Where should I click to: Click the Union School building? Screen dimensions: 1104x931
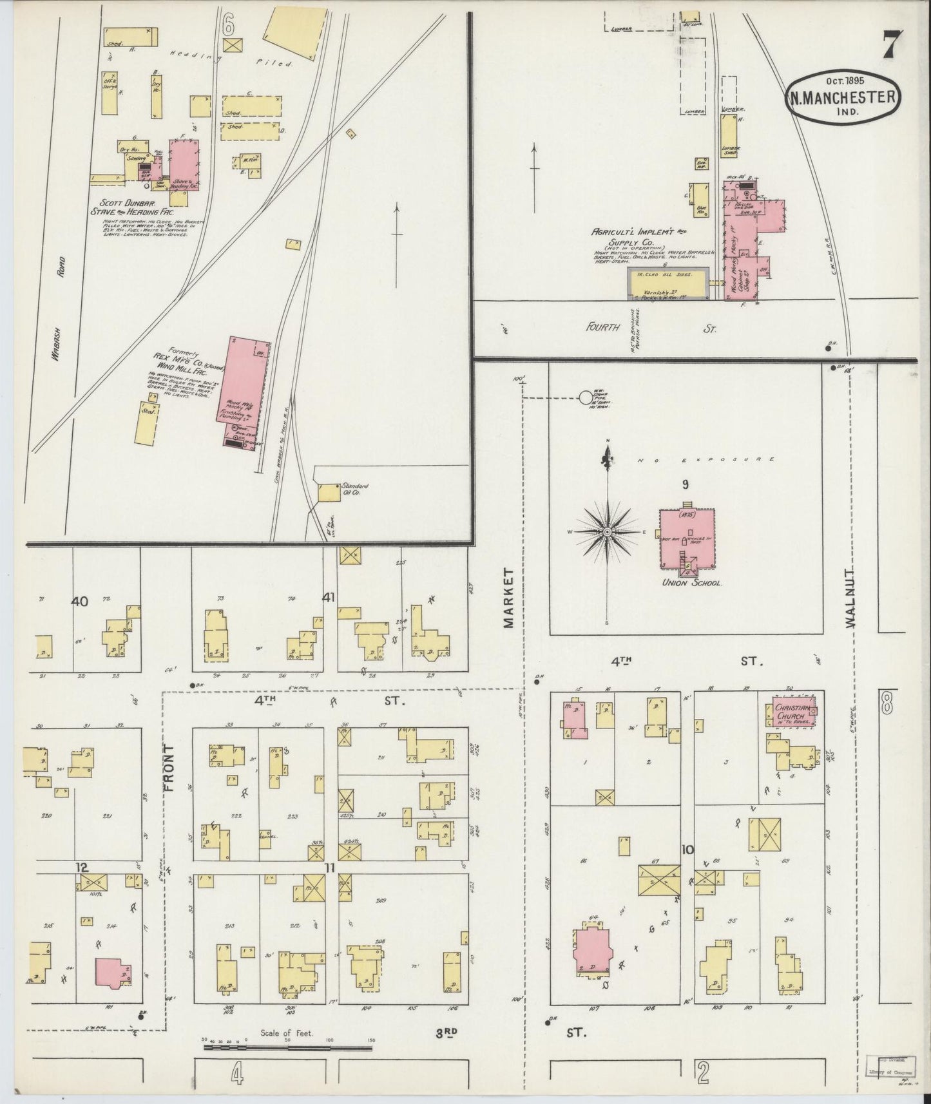pos(687,538)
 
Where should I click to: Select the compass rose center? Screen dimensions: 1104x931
pos(607,532)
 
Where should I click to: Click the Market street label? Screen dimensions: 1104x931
pos(510,598)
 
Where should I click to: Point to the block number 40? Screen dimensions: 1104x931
pos(80,601)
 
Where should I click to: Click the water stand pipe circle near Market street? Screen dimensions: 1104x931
pos(586,398)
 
